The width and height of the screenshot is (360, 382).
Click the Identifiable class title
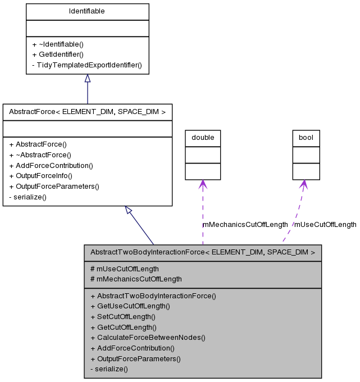coord(87,11)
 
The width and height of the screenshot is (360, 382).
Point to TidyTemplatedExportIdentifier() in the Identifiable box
coord(87,65)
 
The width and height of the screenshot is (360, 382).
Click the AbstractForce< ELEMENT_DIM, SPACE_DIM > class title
coord(87,112)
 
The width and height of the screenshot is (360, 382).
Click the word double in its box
coord(203,138)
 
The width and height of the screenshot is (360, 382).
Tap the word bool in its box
coord(306,138)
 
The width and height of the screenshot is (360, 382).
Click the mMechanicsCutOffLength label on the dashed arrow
coord(245,225)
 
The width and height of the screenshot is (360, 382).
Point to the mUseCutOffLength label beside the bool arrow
coord(325,225)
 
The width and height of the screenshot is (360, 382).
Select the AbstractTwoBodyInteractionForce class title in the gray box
coord(203,253)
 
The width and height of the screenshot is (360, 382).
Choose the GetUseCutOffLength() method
coord(130,306)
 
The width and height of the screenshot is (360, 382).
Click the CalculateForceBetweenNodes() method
coord(148,338)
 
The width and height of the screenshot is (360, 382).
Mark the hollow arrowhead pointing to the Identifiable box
coord(87,79)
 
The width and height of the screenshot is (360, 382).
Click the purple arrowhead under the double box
coord(203,184)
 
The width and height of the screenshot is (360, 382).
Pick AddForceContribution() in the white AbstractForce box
coord(51,165)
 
